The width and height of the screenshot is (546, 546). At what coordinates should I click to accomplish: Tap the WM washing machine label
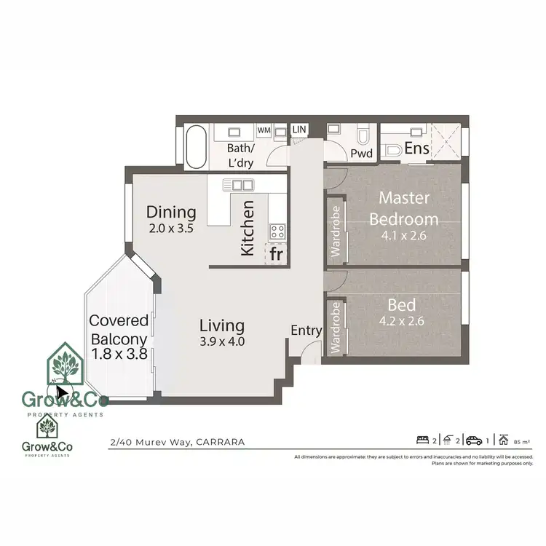tap(264, 130)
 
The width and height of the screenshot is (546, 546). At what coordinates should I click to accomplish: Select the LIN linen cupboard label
tap(299, 130)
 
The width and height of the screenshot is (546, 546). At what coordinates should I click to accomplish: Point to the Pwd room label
tap(361, 154)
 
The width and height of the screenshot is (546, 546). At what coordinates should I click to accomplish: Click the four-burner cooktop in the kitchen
tap(277, 232)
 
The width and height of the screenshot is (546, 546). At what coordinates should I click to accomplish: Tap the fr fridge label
tap(276, 254)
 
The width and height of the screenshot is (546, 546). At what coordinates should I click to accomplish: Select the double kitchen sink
tap(242, 185)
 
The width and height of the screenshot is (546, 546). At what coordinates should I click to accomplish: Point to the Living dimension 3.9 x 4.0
tap(223, 341)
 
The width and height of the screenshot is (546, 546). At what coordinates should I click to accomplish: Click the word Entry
tap(306, 331)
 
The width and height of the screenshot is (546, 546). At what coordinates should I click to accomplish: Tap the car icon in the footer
tap(473, 439)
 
